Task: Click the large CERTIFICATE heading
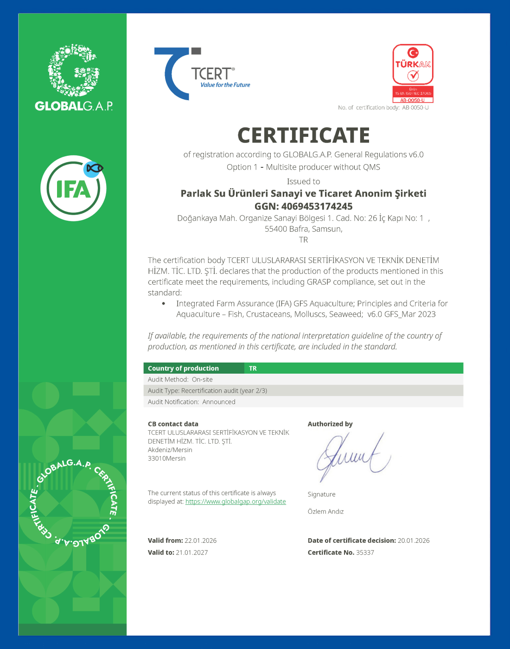pyautogui.click(x=304, y=135)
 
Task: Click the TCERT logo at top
pyautogui.click(x=202, y=74)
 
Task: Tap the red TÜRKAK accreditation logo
pyautogui.click(x=413, y=73)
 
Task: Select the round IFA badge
pyautogui.click(x=73, y=188)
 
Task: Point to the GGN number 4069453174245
pyautogui.click(x=317, y=206)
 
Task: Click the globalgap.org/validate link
pyautogui.click(x=236, y=502)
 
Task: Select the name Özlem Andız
pyautogui.click(x=325, y=511)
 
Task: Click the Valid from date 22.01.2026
pyautogui.click(x=200, y=541)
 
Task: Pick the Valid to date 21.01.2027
pyautogui.click(x=191, y=553)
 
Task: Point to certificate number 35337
pyautogui.click(x=365, y=553)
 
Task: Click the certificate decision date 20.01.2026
pyautogui.click(x=414, y=541)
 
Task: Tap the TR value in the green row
pyautogui.click(x=253, y=369)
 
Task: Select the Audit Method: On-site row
pyautogui.click(x=180, y=379)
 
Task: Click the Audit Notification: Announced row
pyautogui.click(x=191, y=402)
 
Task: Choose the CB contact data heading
pyautogui.click(x=173, y=424)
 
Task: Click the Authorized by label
pyautogui.click(x=330, y=424)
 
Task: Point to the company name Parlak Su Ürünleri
pyautogui.click(x=303, y=193)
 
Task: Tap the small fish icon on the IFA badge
pyautogui.click(x=94, y=169)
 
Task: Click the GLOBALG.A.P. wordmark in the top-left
pyautogui.click(x=74, y=106)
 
